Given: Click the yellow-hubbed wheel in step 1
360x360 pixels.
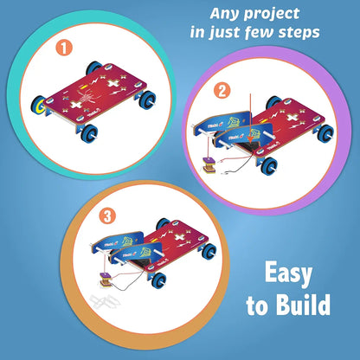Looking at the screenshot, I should point(40,106).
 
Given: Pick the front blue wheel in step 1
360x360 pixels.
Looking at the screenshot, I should point(91,132).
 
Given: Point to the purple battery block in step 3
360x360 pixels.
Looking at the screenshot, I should point(101,280).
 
